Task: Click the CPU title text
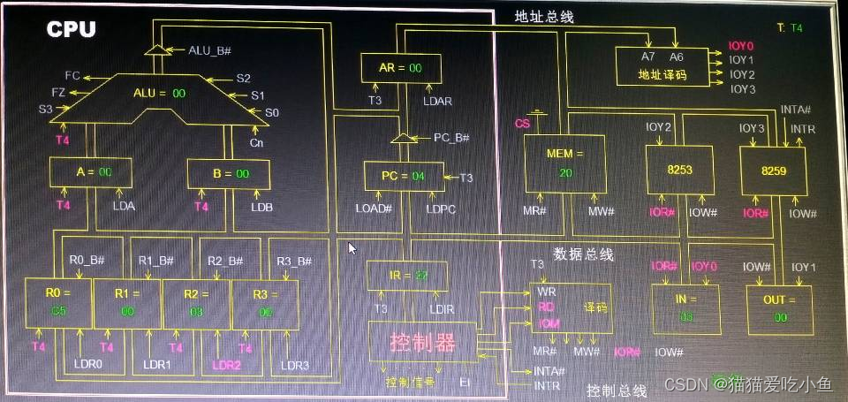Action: [x=72, y=29]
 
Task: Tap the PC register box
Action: [x=402, y=176]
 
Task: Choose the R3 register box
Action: [x=265, y=303]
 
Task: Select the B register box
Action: [x=229, y=173]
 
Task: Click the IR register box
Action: [x=407, y=277]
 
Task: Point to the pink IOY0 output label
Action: [x=741, y=46]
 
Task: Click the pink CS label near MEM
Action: [x=522, y=125]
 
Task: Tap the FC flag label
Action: [x=73, y=77]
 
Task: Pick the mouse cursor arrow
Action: [x=352, y=249]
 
